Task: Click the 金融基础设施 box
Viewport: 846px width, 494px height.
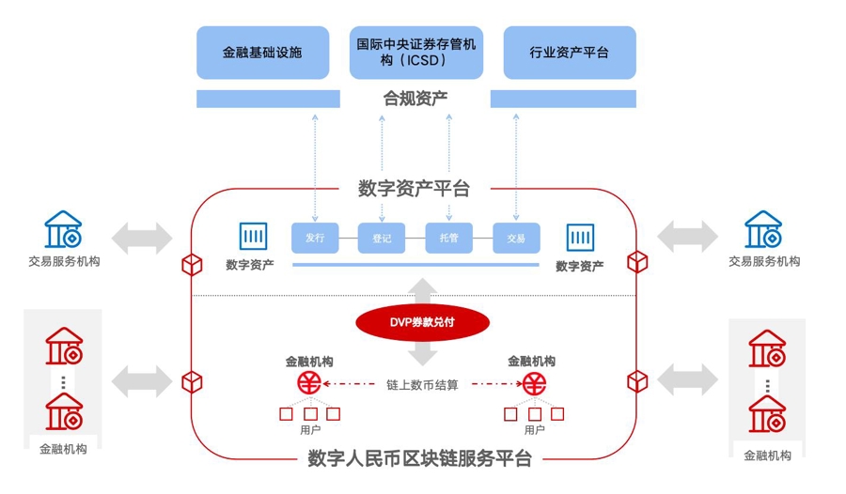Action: click(262, 53)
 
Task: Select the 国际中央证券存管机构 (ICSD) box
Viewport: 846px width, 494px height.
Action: click(416, 53)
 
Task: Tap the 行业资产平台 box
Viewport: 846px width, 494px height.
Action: click(569, 53)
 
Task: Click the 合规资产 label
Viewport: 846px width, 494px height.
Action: click(415, 98)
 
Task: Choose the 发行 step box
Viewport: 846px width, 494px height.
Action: click(314, 239)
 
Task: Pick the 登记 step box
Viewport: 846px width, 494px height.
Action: click(382, 239)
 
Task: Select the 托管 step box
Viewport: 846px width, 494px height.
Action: click(448, 239)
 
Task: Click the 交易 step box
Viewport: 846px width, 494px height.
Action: click(516, 239)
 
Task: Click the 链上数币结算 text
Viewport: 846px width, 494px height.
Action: click(422, 384)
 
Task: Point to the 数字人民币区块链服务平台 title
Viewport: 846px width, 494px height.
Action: click(419, 459)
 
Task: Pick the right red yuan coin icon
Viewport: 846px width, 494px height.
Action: click(536, 383)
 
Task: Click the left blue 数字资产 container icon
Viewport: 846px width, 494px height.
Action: click(253, 237)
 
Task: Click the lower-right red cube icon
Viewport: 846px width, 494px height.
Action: click(637, 380)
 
